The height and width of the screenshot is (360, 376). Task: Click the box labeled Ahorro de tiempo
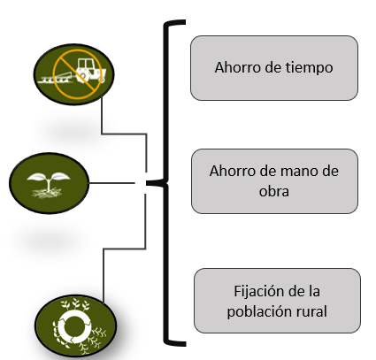tap(274, 67)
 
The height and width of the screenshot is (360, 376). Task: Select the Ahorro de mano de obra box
tap(274, 180)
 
